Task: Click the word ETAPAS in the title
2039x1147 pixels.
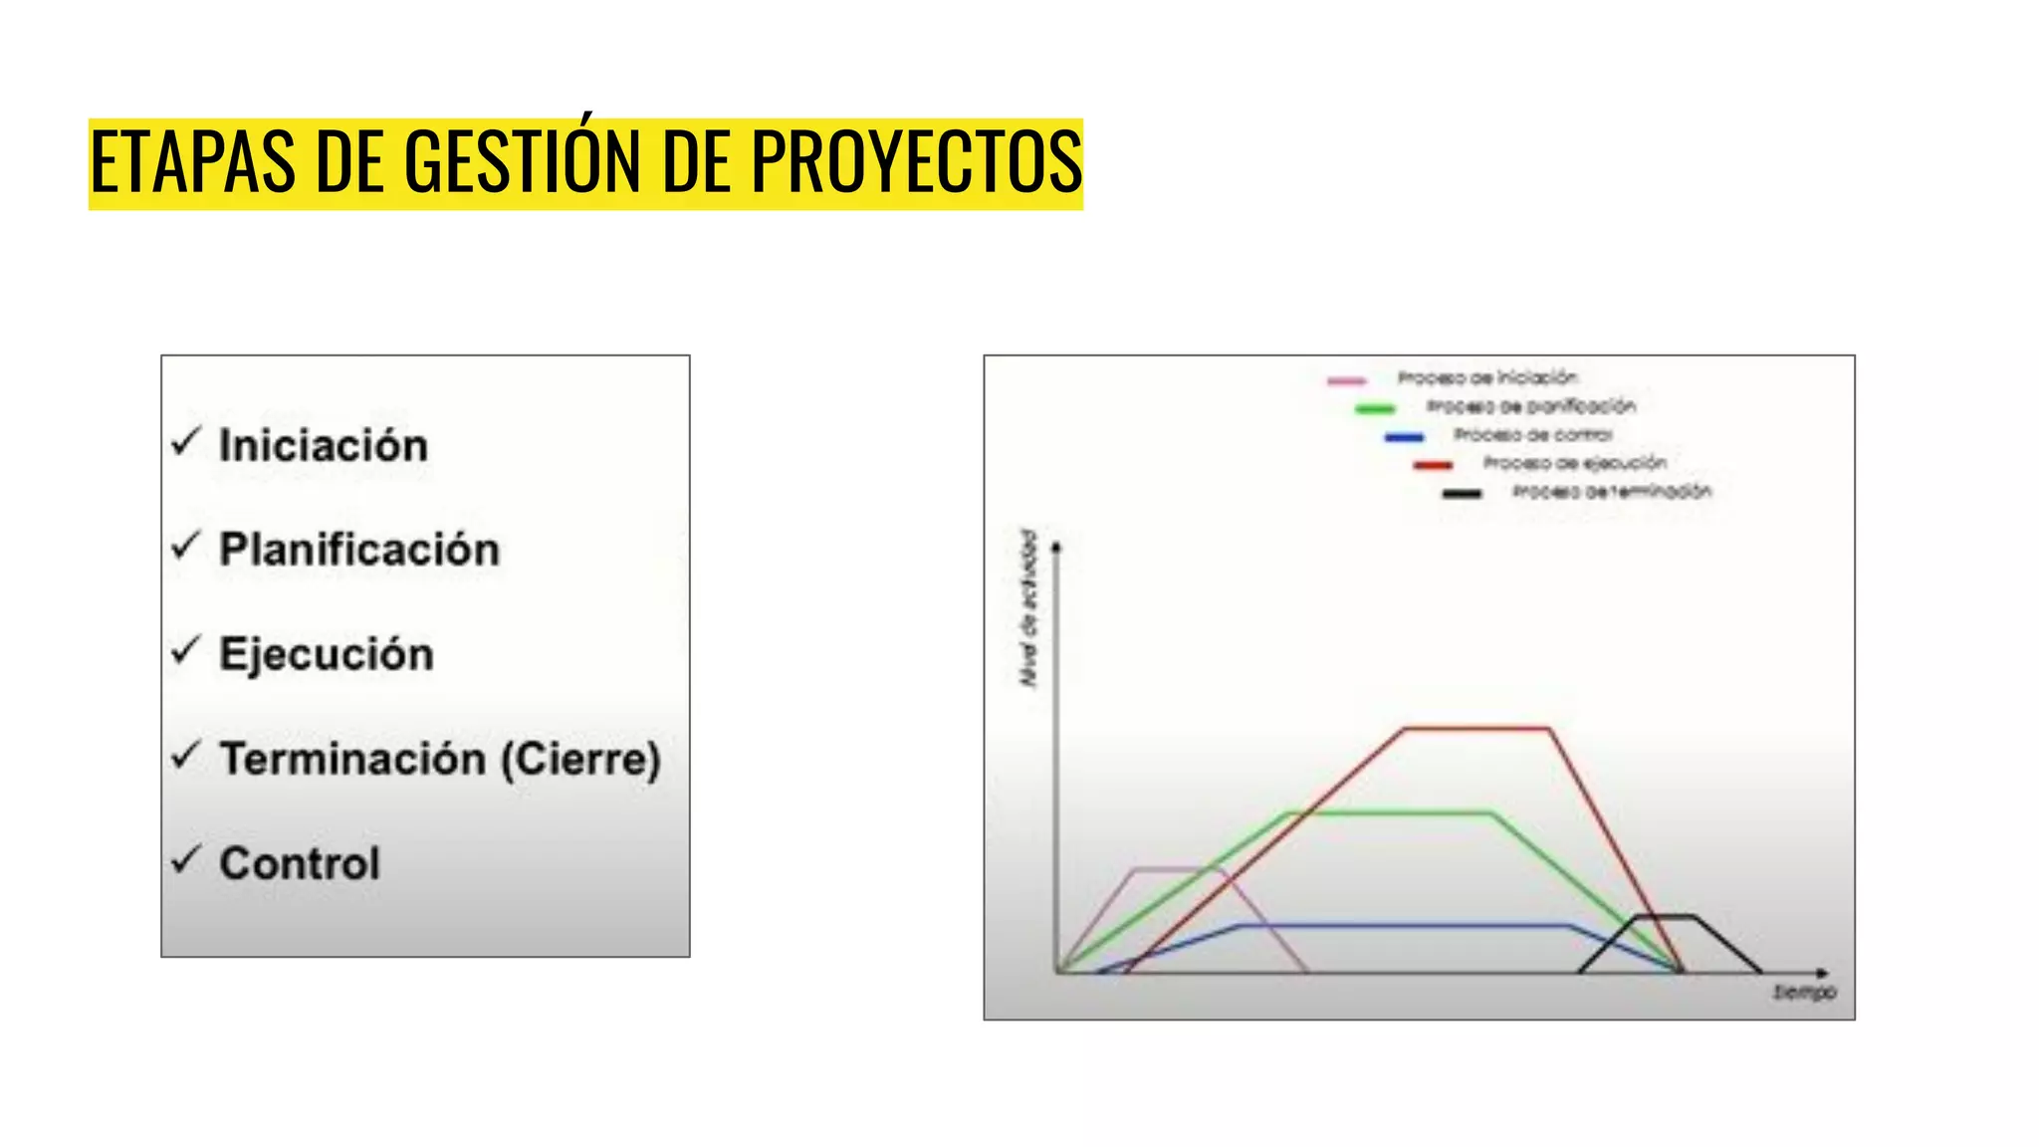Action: click(x=192, y=162)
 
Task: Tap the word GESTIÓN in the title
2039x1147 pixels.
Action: click(x=524, y=162)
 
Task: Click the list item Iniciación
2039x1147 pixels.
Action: click(x=324, y=445)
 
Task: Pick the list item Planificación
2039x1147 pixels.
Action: click(x=359, y=550)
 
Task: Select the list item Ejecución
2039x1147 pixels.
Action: click(x=327, y=654)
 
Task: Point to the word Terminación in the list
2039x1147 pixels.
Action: click(x=353, y=759)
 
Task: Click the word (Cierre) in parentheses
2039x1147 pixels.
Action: click(x=580, y=760)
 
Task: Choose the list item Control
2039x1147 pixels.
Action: click(x=300, y=863)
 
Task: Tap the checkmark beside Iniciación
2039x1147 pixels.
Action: click(x=186, y=440)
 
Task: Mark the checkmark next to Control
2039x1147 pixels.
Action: click(x=186, y=858)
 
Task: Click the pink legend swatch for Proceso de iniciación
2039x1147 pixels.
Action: click(x=1346, y=380)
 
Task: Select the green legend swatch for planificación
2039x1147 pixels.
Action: click(x=1375, y=408)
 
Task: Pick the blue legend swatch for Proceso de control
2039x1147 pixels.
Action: click(x=1404, y=437)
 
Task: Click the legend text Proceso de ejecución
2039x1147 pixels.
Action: click(x=1574, y=463)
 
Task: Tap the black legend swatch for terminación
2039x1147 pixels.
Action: click(x=1462, y=494)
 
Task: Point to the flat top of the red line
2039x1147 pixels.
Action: click(x=1476, y=729)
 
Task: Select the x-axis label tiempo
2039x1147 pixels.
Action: click(x=1804, y=993)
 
